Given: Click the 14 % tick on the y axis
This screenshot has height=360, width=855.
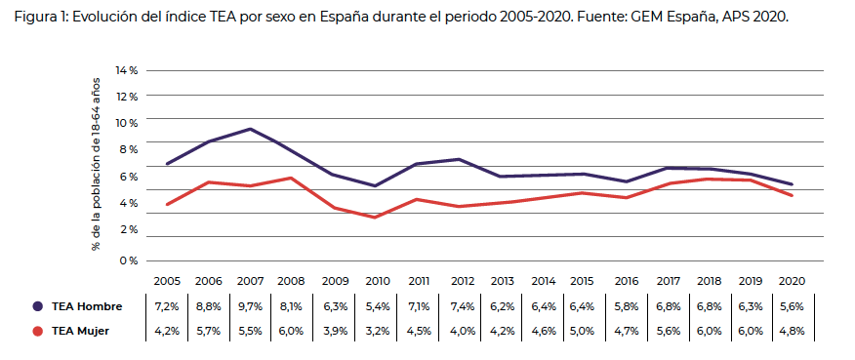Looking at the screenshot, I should tap(127, 71).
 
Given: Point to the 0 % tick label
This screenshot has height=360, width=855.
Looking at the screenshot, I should tap(129, 260).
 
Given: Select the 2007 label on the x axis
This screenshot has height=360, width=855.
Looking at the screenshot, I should tap(250, 281).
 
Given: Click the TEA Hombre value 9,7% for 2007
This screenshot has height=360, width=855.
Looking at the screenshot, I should tap(250, 306).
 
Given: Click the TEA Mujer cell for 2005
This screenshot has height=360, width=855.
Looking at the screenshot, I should tap(167, 331).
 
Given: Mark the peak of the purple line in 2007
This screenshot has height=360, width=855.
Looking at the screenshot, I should tap(251, 129).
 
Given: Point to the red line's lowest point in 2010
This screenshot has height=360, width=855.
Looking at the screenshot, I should tap(376, 217).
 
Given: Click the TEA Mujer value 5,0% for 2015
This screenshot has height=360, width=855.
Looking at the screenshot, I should tap(583, 331).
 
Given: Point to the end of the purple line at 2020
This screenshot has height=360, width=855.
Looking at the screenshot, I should tap(791, 184).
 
